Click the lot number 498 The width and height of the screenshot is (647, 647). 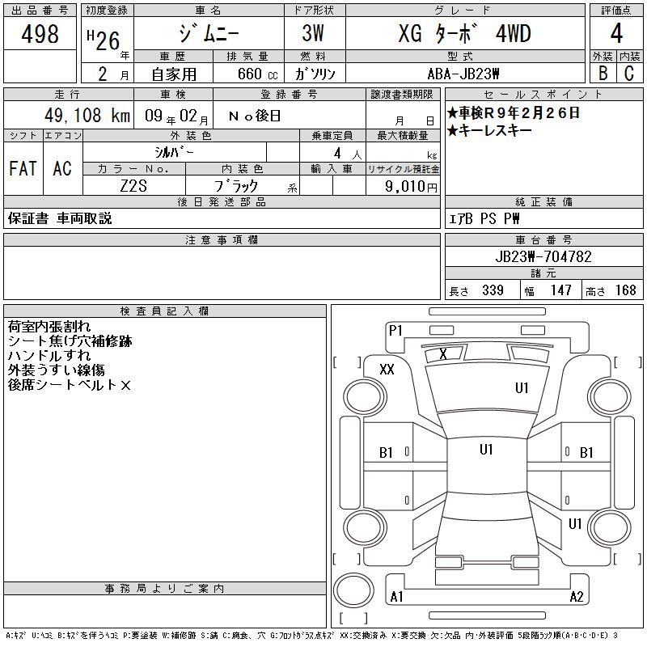click(x=40, y=33)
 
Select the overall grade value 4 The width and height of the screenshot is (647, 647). click(x=616, y=33)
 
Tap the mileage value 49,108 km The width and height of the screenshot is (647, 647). click(x=87, y=115)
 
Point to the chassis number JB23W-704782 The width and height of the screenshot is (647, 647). click(x=543, y=256)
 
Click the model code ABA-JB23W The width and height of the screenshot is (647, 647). click(x=463, y=74)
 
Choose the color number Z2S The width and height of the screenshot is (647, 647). click(x=133, y=186)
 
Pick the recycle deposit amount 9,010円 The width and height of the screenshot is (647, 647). click(x=411, y=186)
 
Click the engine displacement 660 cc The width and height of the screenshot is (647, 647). click(x=257, y=74)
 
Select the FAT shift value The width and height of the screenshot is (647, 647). click(x=23, y=168)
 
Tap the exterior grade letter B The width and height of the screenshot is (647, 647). click(x=603, y=73)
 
